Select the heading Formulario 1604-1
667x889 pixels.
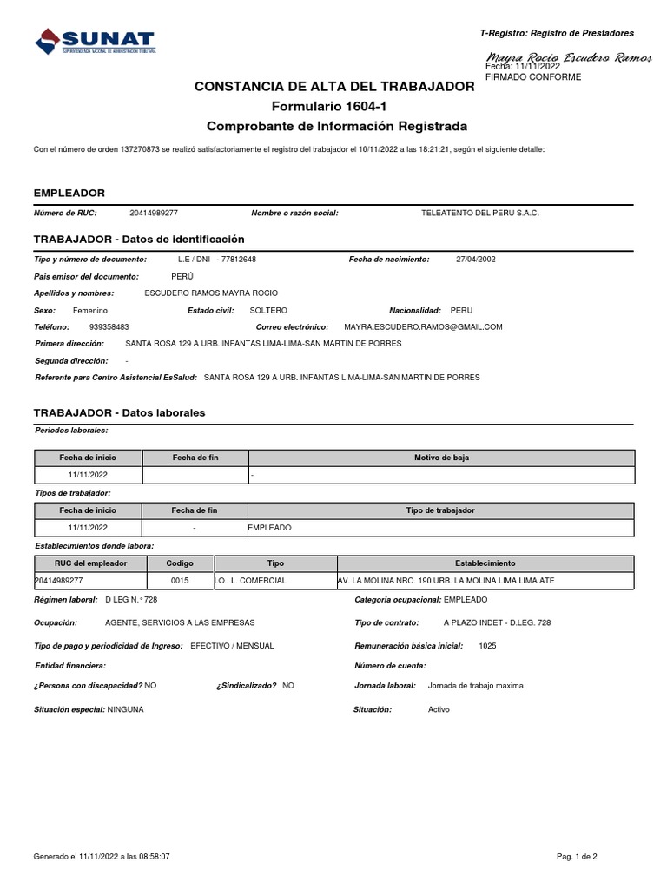tap(334, 106)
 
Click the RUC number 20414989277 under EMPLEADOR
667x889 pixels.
tap(154, 213)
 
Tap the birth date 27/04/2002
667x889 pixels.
tap(476, 259)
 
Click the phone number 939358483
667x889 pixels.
tap(109, 326)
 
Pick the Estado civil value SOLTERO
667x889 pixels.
tap(268, 310)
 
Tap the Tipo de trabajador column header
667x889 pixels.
tap(441, 510)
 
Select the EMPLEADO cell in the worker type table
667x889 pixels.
tap(270, 528)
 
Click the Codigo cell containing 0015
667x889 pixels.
tap(180, 580)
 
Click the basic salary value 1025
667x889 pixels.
tap(487, 646)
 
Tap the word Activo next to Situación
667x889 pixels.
tap(439, 709)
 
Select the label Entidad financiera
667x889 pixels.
tap(70, 665)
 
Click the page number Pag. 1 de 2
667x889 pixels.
tap(578, 857)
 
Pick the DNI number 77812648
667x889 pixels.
tap(239, 259)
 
